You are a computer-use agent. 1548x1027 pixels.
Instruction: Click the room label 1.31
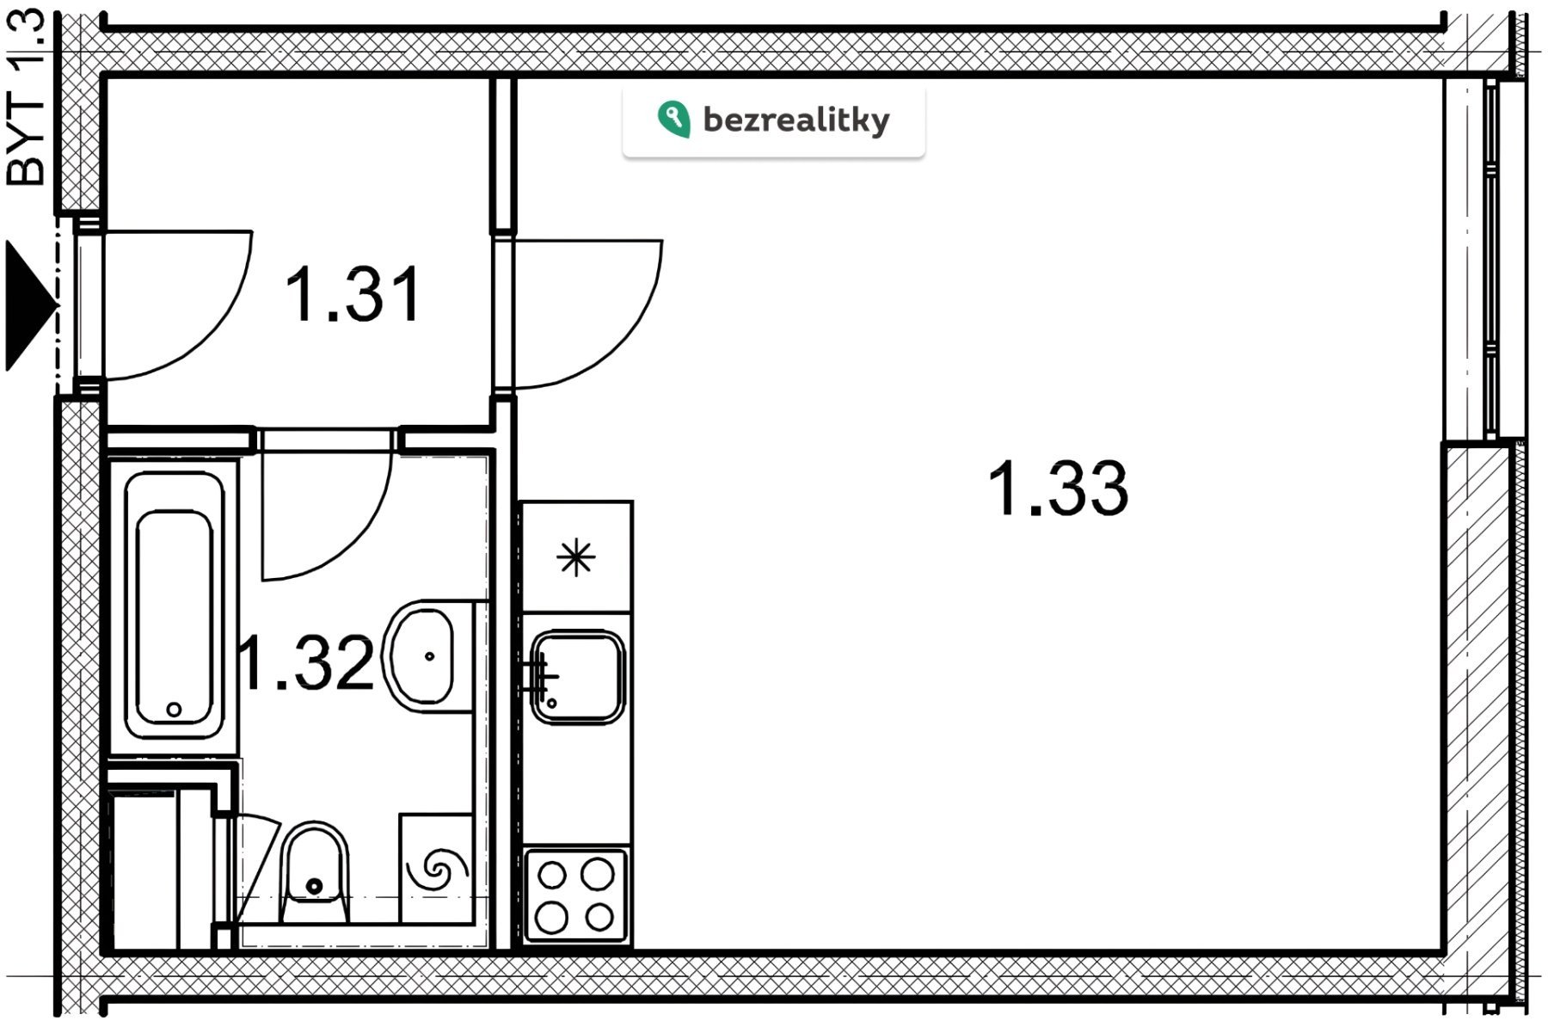click(x=353, y=295)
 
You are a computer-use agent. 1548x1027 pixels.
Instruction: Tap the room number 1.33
click(x=1057, y=489)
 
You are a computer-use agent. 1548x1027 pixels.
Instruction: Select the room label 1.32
click(x=307, y=662)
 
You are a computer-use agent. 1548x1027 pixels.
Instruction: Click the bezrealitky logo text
click(x=796, y=120)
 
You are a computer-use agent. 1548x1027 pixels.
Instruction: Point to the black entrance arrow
click(x=30, y=306)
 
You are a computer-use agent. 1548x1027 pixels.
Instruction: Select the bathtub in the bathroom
click(x=174, y=607)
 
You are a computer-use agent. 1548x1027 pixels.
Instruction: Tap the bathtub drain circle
click(x=174, y=710)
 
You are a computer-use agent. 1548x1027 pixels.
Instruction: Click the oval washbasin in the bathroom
click(x=423, y=656)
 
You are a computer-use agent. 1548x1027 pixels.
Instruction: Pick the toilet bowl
click(x=315, y=870)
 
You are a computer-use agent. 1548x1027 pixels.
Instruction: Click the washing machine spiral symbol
click(x=437, y=870)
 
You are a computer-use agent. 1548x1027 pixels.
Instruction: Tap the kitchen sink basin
click(x=577, y=677)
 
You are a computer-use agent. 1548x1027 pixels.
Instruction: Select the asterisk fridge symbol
click(x=575, y=558)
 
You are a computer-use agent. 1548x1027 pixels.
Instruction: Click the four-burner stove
click(x=576, y=895)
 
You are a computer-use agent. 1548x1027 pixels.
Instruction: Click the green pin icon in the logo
click(x=673, y=119)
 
